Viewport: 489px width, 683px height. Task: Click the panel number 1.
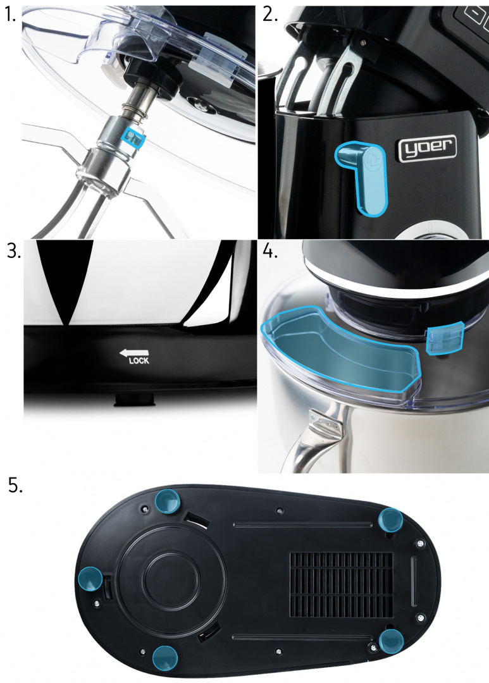pos(11,15)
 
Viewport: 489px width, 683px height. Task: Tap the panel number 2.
pos(270,15)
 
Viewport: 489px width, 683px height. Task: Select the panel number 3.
pos(13,252)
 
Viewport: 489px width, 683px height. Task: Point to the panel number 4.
pos(270,252)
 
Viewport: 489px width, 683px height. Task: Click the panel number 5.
pos(16,485)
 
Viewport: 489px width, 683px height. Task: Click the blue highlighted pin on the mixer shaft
pos(132,138)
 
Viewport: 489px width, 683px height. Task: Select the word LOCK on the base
pos(139,360)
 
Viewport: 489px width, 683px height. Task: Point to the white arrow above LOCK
pos(134,352)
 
